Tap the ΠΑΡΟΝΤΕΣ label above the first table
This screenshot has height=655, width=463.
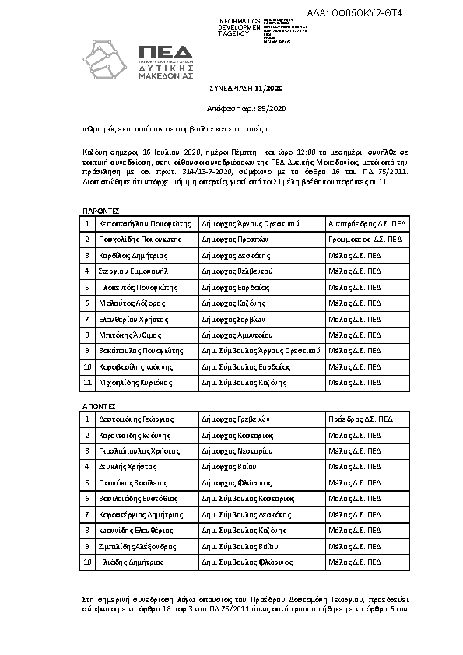[x=100, y=210]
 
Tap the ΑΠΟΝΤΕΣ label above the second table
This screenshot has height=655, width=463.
[x=100, y=405]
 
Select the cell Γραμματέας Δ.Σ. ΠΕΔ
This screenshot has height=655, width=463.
[x=364, y=240]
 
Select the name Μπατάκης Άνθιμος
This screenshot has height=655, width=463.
[x=130, y=335]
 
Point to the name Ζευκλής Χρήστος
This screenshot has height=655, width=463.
[x=128, y=467]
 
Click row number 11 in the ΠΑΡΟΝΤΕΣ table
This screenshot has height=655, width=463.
[x=88, y=383]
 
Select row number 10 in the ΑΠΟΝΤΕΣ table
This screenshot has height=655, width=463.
[x=88, y=561]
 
